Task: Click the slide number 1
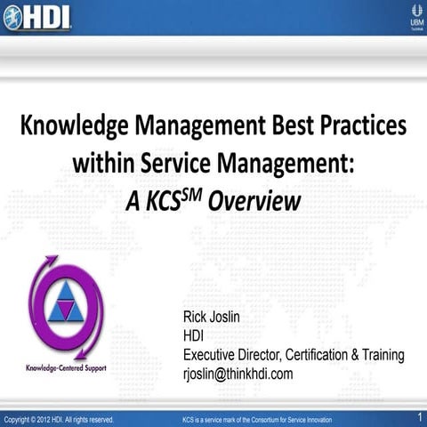419,416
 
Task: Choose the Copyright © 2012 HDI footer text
58,418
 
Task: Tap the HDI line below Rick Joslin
193,336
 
